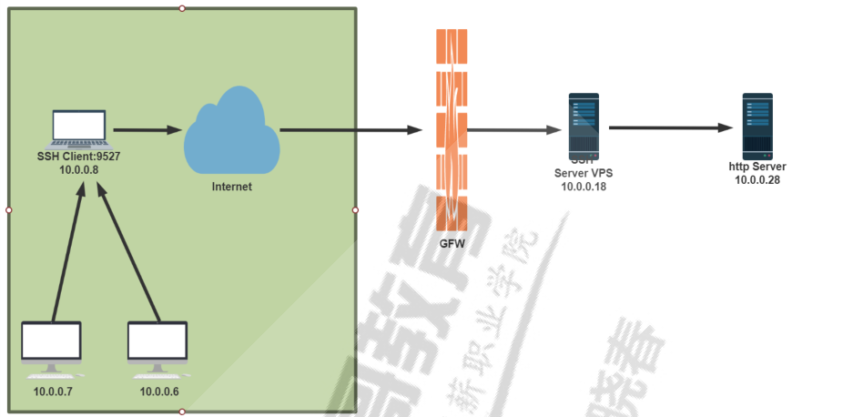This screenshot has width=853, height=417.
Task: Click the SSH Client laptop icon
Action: coord(78,128)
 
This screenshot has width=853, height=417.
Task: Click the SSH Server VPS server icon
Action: coord(583,125)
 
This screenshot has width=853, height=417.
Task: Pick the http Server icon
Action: coord(757,125)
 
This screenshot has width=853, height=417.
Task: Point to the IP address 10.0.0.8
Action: coord(78,169)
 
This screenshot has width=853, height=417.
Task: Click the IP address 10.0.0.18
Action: coord(583,187)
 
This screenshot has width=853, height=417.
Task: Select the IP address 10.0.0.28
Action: coord(757,179)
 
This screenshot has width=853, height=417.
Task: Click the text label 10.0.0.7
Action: coord(53,392)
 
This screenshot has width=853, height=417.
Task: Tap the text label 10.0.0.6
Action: coord(158,392)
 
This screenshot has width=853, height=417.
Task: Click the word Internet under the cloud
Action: coord(231,187)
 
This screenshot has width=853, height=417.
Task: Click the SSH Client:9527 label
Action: coord(78,157)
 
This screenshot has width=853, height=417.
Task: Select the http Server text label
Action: coord(757,167)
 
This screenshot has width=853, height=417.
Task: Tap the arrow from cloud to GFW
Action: coord(350,129)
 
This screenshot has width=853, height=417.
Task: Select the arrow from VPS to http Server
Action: coord(670,127)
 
